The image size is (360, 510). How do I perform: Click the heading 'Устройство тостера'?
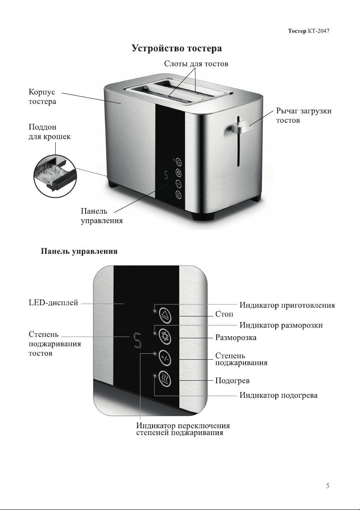point(177,48)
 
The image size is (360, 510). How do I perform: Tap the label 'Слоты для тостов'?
point(196,64)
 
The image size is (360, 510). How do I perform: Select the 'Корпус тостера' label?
point(42,97)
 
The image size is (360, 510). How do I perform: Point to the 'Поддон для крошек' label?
point(49,132)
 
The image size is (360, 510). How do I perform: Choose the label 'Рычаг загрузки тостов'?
point(304,116)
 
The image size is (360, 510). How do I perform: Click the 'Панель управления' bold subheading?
point(79,251)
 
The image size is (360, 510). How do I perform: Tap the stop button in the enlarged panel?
point(165,315)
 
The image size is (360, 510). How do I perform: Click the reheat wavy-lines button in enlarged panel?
point(165,379)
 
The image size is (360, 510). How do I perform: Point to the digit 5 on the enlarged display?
point(138,340)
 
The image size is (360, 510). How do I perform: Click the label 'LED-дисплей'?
point(54,303)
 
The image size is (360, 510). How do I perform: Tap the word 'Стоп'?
point(224,314)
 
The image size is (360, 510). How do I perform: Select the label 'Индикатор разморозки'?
point(281,325)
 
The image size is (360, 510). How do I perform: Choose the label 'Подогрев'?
point(232,381)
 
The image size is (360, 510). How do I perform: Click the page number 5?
point(327,486)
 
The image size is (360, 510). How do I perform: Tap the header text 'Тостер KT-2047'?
point(309,31)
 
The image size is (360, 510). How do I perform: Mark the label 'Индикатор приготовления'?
point(287,305)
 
